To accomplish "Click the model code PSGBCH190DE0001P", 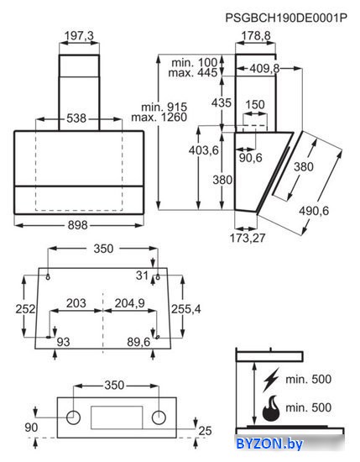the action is coord(286,18).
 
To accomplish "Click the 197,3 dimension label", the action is coord(79,35).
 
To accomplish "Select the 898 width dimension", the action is coord(78,225).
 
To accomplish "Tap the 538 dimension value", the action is coord(76,118).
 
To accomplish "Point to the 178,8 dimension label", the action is coord(256,35).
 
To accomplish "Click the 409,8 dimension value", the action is coord(264,68).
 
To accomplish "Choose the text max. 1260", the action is coord(159,118).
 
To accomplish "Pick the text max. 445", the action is coord(193,72).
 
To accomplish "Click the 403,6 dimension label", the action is coord(204,150).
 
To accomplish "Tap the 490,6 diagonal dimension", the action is coord(314,211).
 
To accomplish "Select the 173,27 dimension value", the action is coord(248,238).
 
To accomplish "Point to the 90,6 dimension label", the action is coord(251,158).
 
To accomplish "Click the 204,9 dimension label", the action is coord(129,303).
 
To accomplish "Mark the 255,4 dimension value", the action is coord(186,309).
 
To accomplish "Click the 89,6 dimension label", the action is coord(138,342).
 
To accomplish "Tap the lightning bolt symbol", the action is coord(271,379).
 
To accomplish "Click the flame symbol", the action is coord(271,408).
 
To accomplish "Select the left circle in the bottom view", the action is coord(73,417).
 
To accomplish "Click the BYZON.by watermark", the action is coord(269,444).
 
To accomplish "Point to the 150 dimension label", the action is coord(255,105).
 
